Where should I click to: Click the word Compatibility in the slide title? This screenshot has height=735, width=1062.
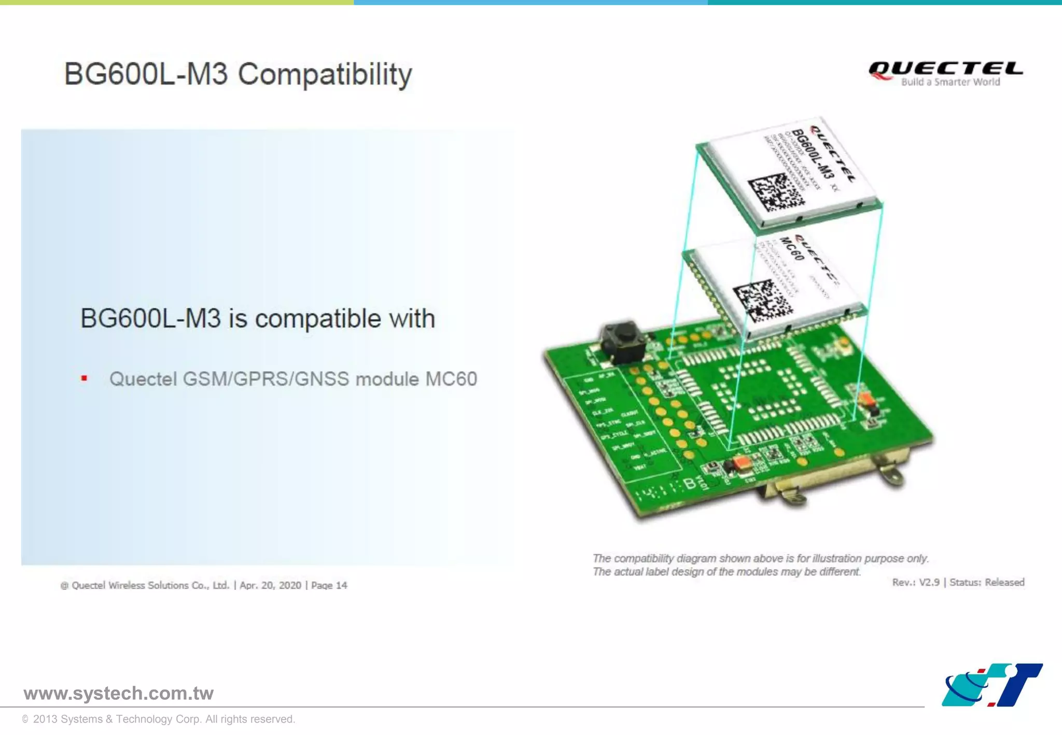point(325,74)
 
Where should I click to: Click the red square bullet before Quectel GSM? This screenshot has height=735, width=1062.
point(84,378)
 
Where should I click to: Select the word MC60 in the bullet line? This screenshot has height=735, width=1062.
point(451,379)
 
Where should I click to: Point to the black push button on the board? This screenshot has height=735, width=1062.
point(623,342)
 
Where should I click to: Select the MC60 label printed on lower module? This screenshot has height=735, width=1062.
point(791,249)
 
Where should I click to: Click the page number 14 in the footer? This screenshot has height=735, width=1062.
point(341,585)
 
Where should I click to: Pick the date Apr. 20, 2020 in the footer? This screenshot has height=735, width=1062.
point(270,585)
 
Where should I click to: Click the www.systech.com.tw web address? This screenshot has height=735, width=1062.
point(118,693)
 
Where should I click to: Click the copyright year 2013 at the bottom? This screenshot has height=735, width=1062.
point(45,719)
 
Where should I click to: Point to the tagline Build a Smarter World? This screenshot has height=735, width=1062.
point(950,82)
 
